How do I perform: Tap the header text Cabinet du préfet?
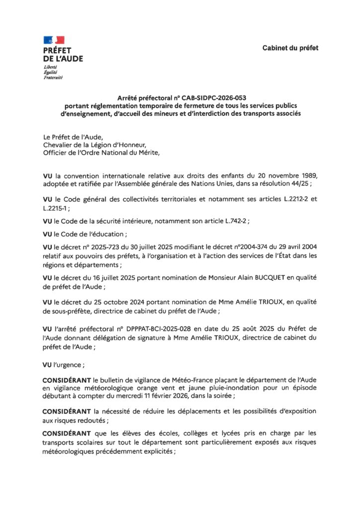[291, 48]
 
